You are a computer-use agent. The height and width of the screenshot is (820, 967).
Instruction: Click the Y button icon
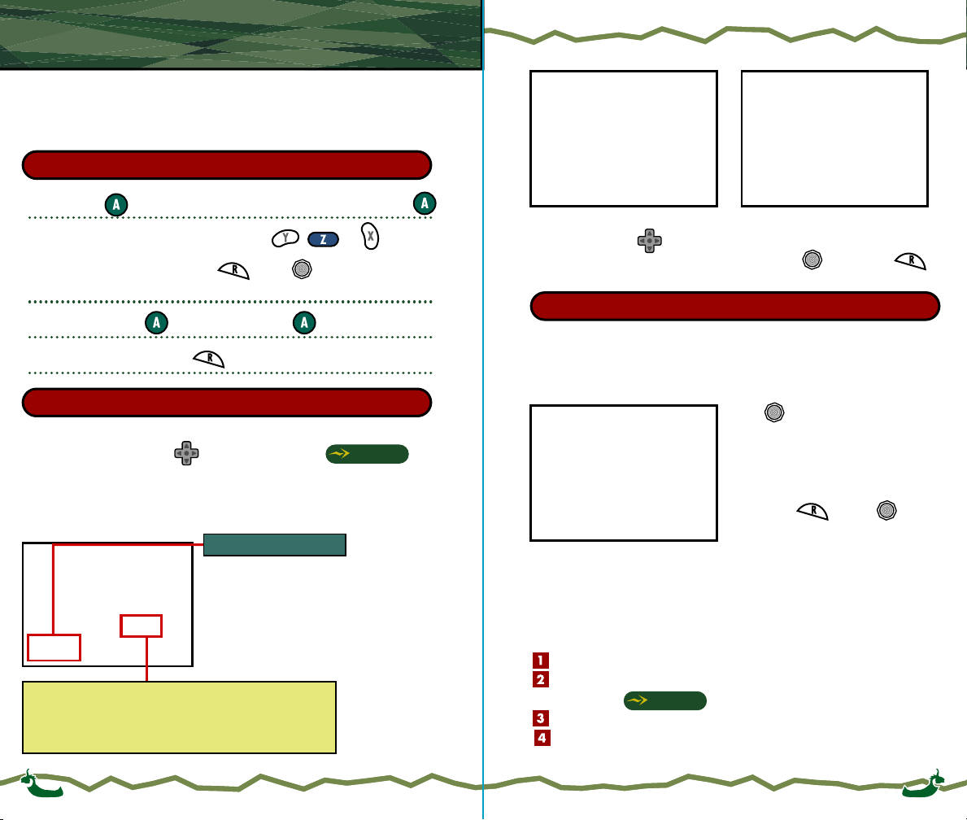point(286,239)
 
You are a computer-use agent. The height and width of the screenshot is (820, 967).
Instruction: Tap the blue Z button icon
point(323,240)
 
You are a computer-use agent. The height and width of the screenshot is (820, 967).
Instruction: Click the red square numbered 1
point(542,661)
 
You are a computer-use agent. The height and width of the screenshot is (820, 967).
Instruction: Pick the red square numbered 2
point(542,679)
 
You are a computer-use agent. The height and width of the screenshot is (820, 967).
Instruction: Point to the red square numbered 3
point(542,718)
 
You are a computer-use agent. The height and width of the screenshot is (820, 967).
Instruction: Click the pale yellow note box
point(180,717)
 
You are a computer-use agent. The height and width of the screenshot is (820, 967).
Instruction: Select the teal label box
point(275,544)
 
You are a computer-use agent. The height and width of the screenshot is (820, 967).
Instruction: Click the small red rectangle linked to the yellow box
point(141,626)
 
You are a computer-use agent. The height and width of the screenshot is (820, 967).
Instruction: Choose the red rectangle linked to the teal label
point(54,647)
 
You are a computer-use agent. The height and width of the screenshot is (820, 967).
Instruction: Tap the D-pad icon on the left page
point(186,453)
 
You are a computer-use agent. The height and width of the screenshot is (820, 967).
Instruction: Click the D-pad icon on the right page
point(648,240)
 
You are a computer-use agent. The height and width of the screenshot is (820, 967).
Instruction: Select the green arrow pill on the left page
point(367,454)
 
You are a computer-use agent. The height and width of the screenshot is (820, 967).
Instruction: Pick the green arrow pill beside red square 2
point(664,701)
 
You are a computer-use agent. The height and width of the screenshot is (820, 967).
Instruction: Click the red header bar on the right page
point(734,306)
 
